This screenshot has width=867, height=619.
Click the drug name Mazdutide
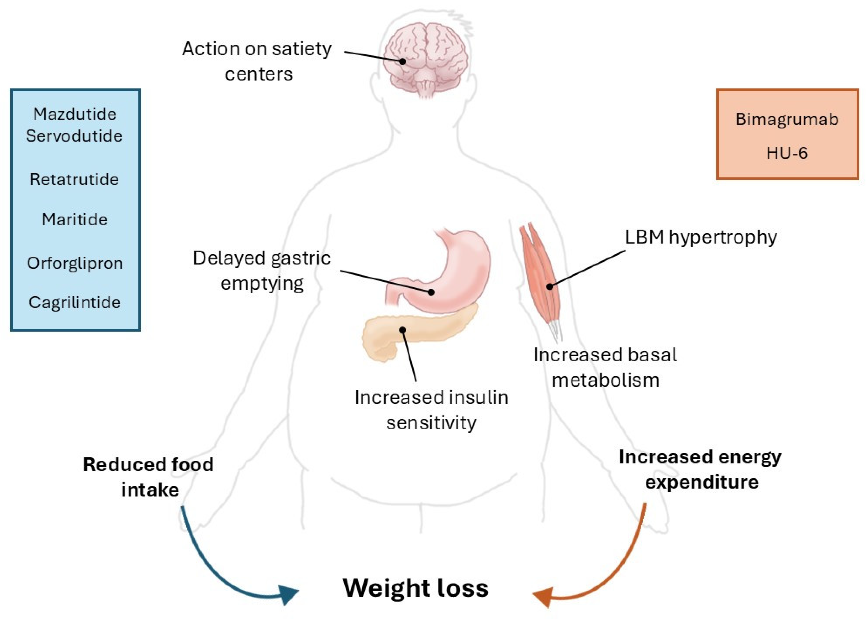[75, 114]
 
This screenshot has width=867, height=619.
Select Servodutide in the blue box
[74, 136]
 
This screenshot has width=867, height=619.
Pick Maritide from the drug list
[75, 219]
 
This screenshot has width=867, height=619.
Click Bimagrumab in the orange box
[787, 119]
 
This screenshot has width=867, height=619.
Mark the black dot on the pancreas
[403, 330]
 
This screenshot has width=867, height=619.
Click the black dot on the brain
[403, 61]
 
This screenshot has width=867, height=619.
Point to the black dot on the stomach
[431, 292]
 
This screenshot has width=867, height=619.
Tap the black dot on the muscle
[550, 286]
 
